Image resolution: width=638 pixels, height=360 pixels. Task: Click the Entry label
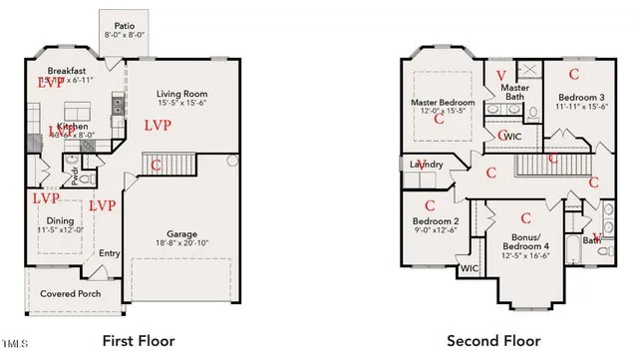tap(110, 253)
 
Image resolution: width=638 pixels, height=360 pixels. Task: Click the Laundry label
tap(425, 165)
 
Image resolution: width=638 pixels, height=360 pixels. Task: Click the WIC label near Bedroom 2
tap(469, 269)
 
